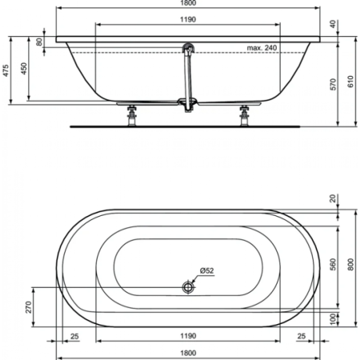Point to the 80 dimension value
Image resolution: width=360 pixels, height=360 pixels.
coord(38,42)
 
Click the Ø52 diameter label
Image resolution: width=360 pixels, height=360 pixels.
coord(205,271)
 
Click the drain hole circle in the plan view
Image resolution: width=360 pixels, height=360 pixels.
coord(188,286)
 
